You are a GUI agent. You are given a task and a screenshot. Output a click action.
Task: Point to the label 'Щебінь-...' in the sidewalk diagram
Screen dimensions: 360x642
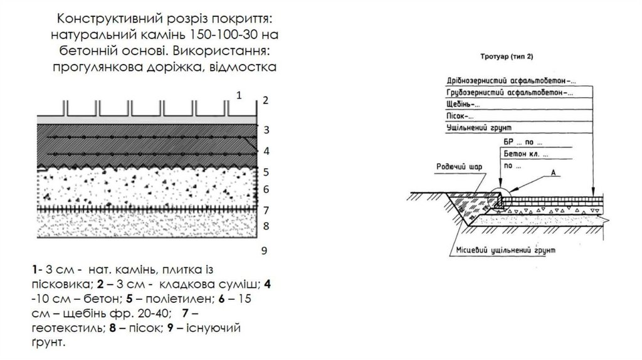tap(460, 105)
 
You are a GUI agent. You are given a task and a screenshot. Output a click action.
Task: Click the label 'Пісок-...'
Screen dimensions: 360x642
tap(457, 116)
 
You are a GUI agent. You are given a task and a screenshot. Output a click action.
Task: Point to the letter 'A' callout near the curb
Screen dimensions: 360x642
tap(552, 172)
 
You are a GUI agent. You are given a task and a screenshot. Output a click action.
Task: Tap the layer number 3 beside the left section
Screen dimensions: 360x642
tap(266, 130)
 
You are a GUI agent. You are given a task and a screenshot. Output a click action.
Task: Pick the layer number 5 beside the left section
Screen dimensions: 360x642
tap(266, 172)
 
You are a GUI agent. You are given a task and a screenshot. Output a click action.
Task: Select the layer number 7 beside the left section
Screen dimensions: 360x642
tap(266, 209)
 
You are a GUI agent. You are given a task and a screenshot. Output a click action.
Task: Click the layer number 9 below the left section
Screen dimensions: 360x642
tap(265, 250)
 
